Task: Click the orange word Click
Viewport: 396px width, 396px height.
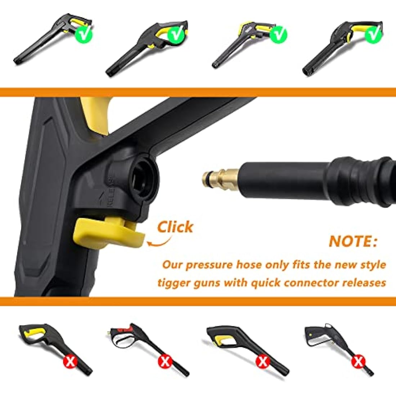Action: click(x=175, y=227)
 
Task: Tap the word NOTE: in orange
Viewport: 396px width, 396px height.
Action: click(x=353, y=241)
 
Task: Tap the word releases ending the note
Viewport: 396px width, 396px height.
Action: click(x=365, y=282)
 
